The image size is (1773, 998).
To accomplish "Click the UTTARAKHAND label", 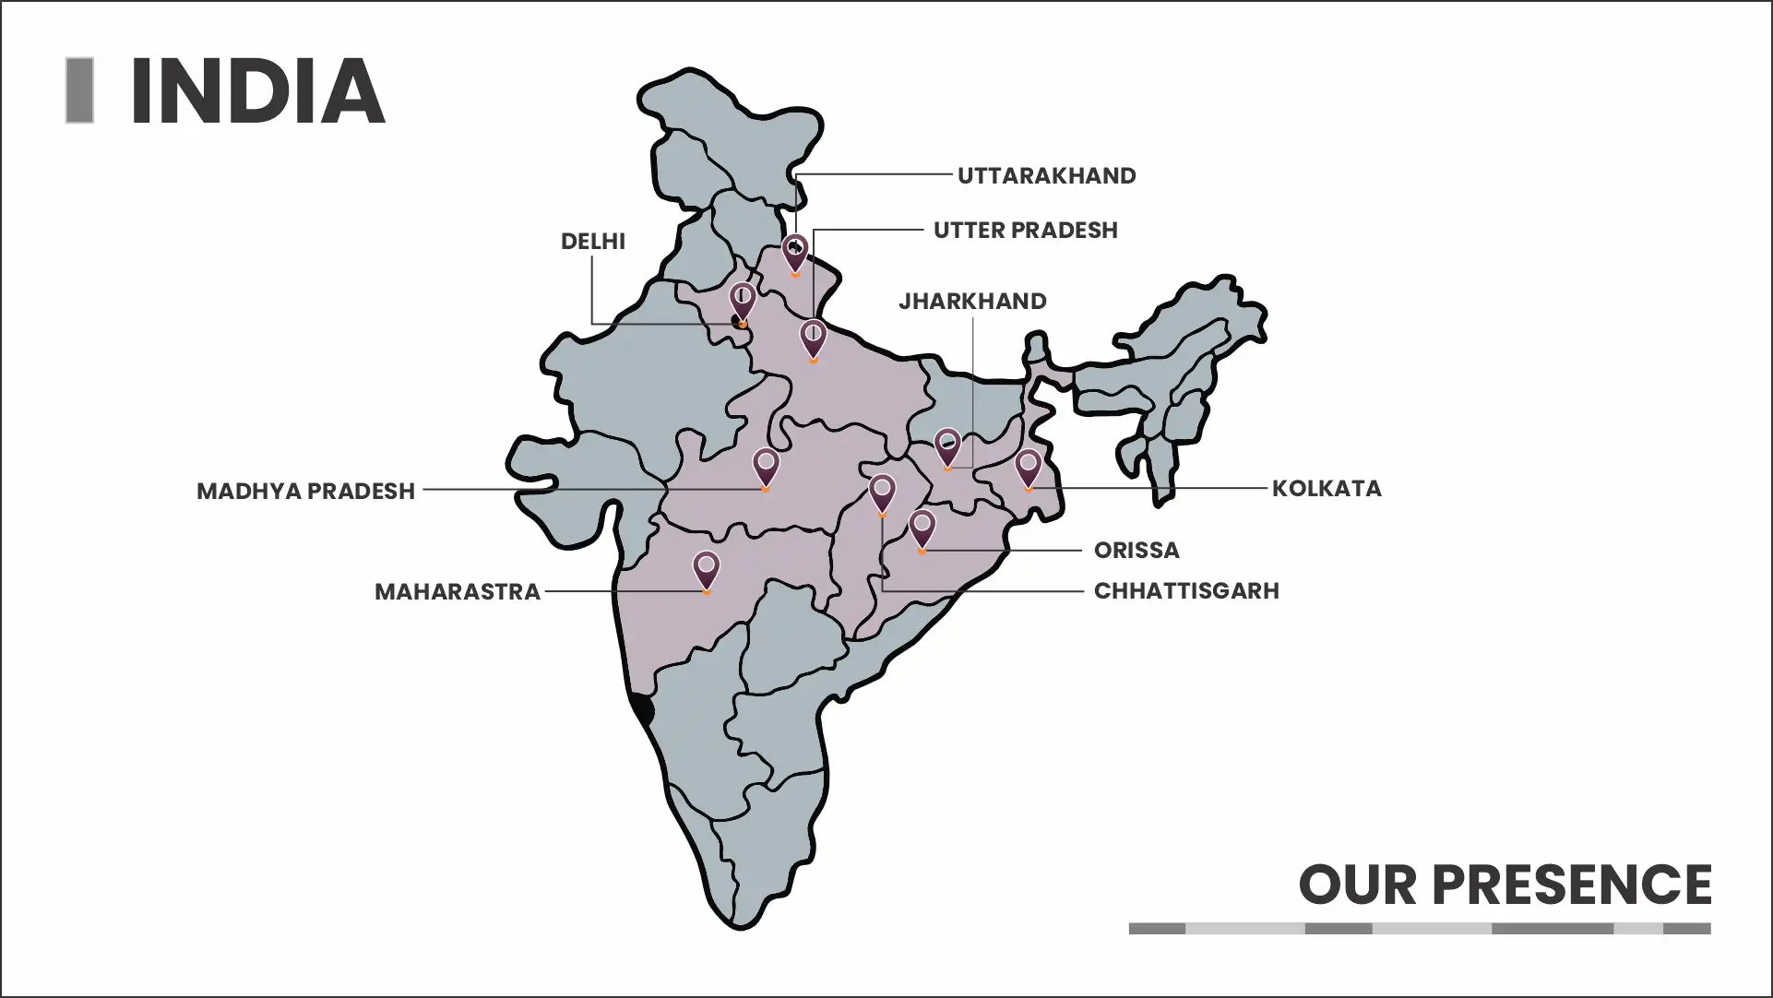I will point(1046,176).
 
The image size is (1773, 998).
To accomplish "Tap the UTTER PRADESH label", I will point(1025,231).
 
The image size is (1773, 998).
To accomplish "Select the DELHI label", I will point(592,242).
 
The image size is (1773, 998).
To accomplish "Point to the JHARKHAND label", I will point(972,302).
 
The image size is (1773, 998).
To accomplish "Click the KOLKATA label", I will point(1327,489).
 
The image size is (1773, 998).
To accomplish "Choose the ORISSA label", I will point(1136,551).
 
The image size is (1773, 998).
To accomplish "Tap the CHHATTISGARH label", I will point(1186,591).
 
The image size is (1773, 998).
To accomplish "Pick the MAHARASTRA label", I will point(457,592).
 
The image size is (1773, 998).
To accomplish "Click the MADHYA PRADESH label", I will point(305,492).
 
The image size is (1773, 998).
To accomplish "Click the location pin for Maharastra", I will point(707,569).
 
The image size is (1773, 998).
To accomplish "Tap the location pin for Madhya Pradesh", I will point(766,466).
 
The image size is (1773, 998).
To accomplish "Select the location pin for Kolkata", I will point(1029,467).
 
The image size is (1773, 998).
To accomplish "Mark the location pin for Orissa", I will point(922,529).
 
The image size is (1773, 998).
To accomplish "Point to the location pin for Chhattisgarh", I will point(883,493).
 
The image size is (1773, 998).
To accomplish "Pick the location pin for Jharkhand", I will point(947,446).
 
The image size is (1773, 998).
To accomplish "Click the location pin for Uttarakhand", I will point(795,252).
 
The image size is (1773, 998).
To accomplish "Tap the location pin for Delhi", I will point(743,301).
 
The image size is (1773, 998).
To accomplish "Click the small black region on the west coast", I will point(643,710).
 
